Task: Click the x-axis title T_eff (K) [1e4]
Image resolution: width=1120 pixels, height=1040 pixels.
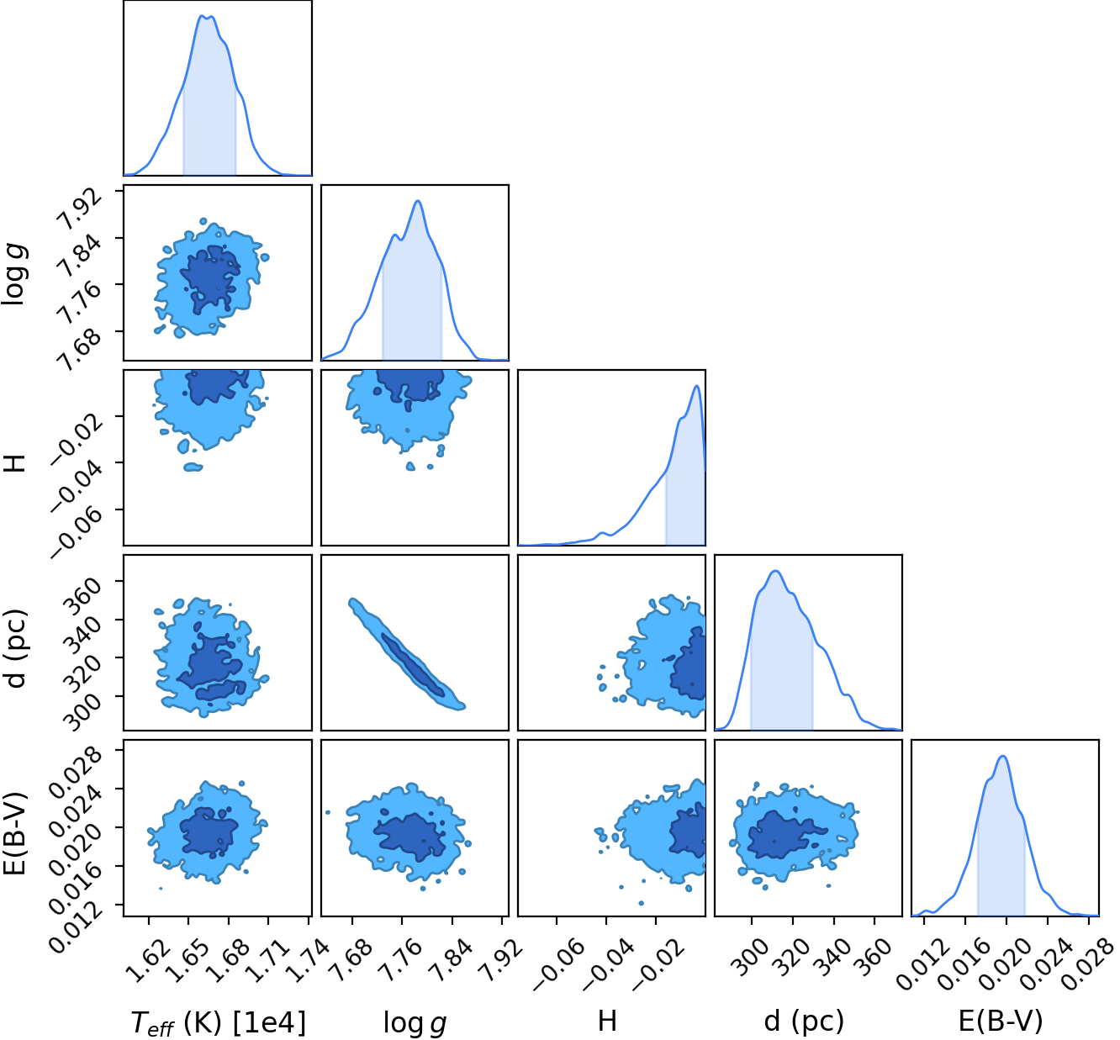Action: coord(219,1022)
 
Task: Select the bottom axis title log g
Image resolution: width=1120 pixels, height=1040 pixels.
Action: coord(415,1022)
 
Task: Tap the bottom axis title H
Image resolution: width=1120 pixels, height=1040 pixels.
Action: coord(607,1021)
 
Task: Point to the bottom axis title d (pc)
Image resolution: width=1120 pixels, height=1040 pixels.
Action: coord(804,1021)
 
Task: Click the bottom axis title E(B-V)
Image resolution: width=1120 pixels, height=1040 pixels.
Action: coord(1001,1021)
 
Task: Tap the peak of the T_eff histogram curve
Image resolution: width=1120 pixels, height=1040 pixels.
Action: coord(202,16)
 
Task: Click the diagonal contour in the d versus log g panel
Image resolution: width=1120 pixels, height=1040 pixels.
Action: coord(407,655)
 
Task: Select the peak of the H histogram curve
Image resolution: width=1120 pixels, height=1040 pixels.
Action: coord(697,386)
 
